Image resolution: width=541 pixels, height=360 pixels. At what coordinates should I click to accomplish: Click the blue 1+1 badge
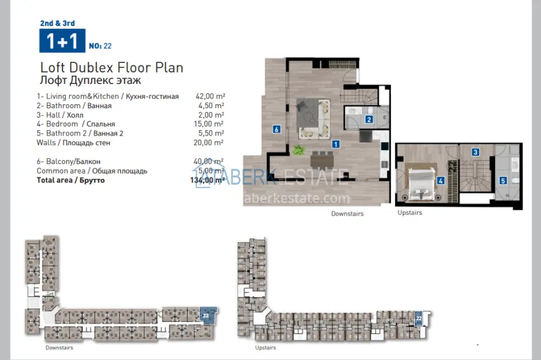pyautogui.click(x=61, y=41)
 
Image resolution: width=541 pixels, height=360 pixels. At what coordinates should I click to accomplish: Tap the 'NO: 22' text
pyautogui.click(x=101, y=46)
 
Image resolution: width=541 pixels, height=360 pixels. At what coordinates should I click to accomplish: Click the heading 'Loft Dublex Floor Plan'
pyautogui.click(x=111, y=67)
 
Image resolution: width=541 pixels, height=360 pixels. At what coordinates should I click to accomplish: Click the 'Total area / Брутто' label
pyautogui.click(x=71, y=181)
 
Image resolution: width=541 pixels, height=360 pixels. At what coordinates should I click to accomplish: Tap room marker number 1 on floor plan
pyautogui.click(x=335, y=144)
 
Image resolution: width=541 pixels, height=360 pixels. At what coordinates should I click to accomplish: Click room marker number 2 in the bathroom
pyautogui.click(x=369, y=119)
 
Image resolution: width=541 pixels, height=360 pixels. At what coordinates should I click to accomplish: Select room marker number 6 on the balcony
pyautogui.click(x=276, y=129)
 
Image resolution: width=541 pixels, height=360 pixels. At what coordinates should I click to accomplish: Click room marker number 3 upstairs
pyautogui.click(x=475, y=152)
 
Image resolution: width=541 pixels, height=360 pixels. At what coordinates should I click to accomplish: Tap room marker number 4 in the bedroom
pyautogui.click(x=440, y=180)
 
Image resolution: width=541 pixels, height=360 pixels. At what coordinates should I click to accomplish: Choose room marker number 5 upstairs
pyautogui.click(x=502, y=180)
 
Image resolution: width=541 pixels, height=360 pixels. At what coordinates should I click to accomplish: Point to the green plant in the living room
pyautogui.click(x=299, y=151)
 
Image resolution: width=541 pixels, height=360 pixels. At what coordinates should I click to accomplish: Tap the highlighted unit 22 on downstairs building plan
pyautogui.click(x=206, y=314)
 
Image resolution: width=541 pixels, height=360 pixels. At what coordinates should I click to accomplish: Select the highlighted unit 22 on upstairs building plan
pyautogui.click(x=418, y=317)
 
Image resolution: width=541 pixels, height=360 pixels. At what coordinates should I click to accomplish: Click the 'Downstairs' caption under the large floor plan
pyautogui.click(x=347, y=214)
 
